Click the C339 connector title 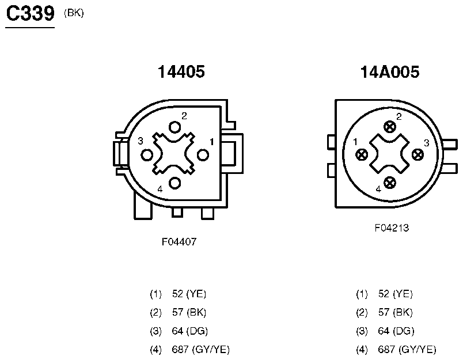(x=30, y=14)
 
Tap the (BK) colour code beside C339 (x=74, y=13)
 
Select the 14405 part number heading (x=181, y=72)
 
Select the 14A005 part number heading (x=390, y=72)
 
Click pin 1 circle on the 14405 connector (x=203, y=155)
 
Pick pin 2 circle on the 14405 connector (x=175, y=127)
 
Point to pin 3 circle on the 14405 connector (x=147, y=155)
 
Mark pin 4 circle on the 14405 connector (x=175, y=183)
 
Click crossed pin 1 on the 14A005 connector (x=362, y=154)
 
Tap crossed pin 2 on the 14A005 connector (x=390, y=127)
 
